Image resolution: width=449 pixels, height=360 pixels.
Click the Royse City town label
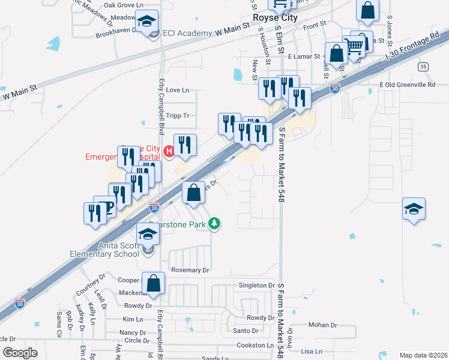click(274, 18)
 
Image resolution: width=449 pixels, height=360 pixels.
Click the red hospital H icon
click(169, 151)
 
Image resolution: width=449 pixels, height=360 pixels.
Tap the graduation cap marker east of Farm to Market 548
click(414, 210)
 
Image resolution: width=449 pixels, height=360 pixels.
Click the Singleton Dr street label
click(256, 286)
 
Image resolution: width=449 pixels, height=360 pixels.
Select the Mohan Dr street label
click(323, 325)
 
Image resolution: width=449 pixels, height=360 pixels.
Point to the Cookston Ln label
click(255, 346)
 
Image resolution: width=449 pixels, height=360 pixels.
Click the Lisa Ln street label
click(312, 352)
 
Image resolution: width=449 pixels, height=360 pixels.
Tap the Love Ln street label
click(176, 91)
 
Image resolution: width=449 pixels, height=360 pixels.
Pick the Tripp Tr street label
click(178, 116)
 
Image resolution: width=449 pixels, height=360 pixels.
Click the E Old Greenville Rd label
click(407, 85)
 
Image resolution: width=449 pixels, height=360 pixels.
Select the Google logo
click(20, 353)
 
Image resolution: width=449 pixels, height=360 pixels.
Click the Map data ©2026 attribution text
click(423, 355)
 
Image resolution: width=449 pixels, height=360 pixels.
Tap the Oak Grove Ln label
click(124, 5)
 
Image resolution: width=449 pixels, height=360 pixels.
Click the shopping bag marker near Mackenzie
click(154, 283)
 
